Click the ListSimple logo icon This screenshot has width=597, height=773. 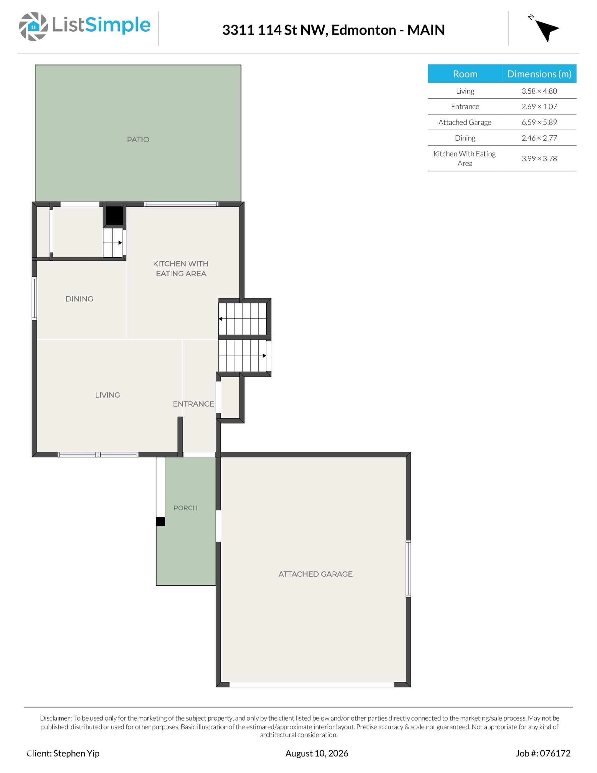33,26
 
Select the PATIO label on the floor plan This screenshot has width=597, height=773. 138,140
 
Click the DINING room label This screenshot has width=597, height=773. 79,299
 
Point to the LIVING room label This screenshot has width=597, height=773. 108,395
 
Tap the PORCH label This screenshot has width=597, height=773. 185,508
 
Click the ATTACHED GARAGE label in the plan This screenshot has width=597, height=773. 315,574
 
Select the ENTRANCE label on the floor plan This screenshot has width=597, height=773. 194,404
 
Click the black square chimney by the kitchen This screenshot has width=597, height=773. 114,214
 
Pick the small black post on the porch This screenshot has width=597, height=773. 161,521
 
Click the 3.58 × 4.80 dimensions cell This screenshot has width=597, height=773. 539,91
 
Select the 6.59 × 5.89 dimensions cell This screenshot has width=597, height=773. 539,122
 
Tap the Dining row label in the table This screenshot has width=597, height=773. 465,138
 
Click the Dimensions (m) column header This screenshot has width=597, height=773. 539,73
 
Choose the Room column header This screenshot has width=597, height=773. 465,73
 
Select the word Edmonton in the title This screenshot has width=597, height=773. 364,30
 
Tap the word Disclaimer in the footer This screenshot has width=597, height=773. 56,718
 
